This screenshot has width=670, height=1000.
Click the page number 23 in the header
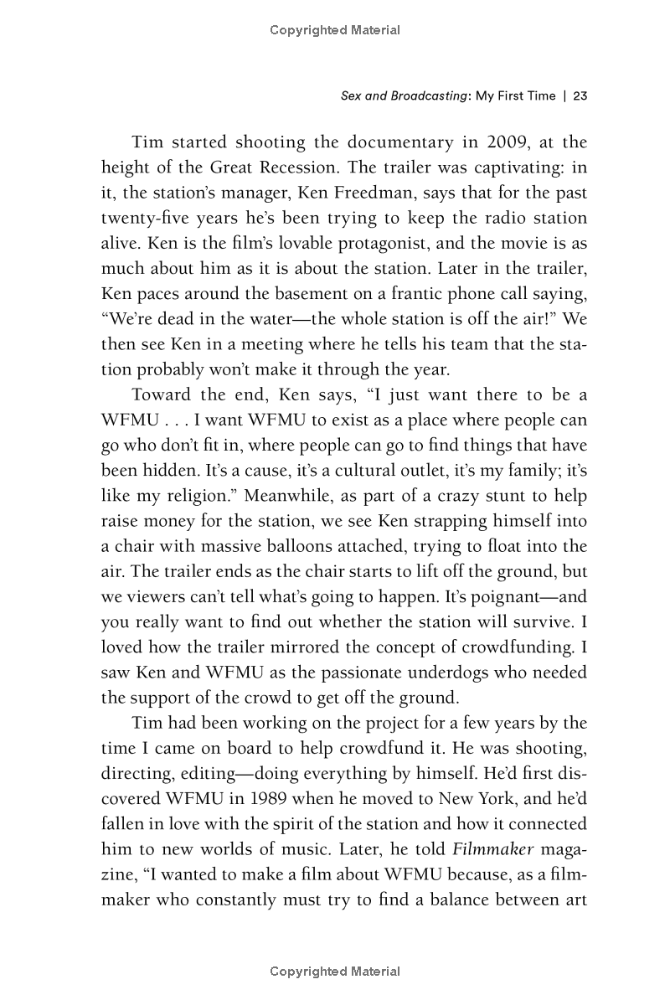pyautogui.click(x=580, y=95)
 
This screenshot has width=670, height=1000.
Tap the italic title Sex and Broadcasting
pyautogui.click(x=404, y=95)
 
